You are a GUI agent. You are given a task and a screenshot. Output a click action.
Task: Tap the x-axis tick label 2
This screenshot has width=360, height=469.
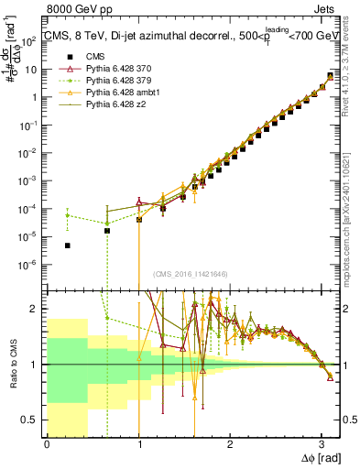[229, 443]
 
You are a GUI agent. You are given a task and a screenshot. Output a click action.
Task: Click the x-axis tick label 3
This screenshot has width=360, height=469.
[321, 443]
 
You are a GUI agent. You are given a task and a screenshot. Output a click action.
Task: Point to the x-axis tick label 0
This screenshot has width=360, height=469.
[47, 443]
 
